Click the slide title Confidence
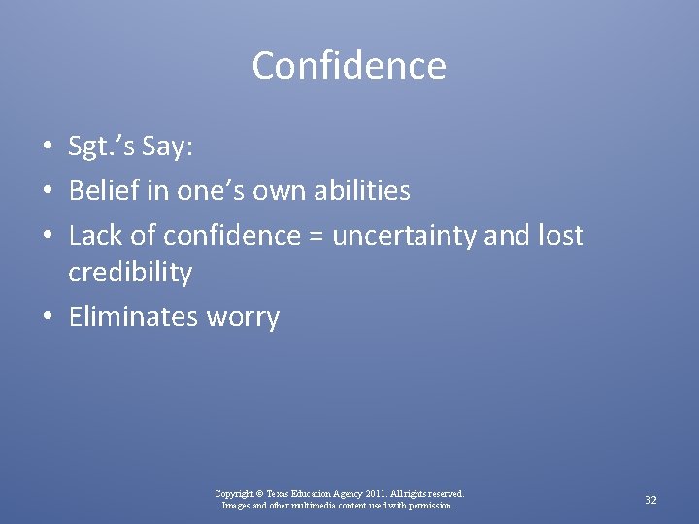(349, 66)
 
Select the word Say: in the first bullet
(168, 148)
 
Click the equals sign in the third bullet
(315, 235)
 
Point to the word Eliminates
(132, 316)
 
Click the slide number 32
(651, 500)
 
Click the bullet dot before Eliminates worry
(48, 318)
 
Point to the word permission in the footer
(427, 506)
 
